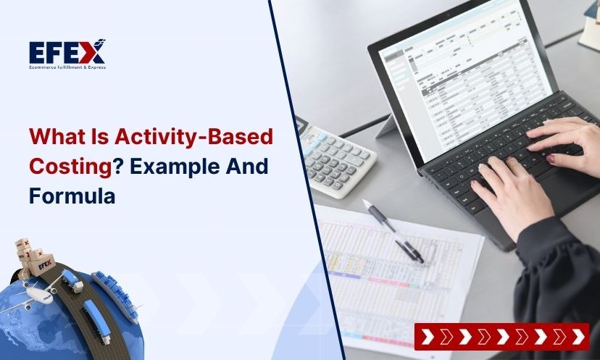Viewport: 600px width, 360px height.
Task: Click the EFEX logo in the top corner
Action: (x=67, y=52)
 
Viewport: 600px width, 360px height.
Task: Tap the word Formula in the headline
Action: (x=72, y=194)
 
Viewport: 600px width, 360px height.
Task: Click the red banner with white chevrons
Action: (x=501, y=336)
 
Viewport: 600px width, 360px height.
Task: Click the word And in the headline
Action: (x=247, y=165)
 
